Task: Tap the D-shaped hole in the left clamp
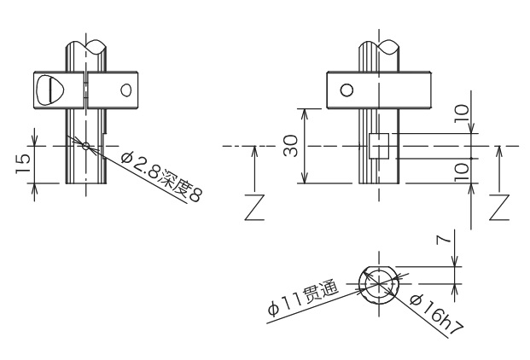[x=53, y=90]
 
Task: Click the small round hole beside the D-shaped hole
[x=126, y=89]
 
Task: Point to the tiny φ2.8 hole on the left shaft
[x=85, y=145]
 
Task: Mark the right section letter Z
[x=499, y=206]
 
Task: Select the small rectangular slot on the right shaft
[x=378, y=146]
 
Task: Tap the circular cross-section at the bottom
[x=376, y=284]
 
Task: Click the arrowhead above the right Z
[x=499, y=151]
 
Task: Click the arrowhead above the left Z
[x=254, y=151]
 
